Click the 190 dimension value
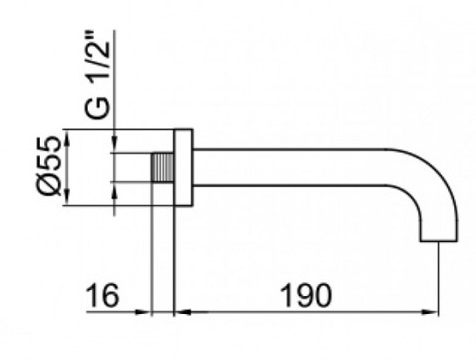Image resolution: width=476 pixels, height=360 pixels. [306, 295]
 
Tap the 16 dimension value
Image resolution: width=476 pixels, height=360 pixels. [102, 295]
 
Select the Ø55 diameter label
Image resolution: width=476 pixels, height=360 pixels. [50, 166]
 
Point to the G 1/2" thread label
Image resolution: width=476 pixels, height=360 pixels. [97, 75]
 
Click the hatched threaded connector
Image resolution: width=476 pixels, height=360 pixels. [163, 167]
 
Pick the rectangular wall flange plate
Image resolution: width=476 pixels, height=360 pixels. [183, 168]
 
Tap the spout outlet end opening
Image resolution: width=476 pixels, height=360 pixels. [439, 240]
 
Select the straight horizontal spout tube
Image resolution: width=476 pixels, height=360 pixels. [289, 167]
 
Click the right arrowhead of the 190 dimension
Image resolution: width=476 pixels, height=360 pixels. [432, 312]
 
